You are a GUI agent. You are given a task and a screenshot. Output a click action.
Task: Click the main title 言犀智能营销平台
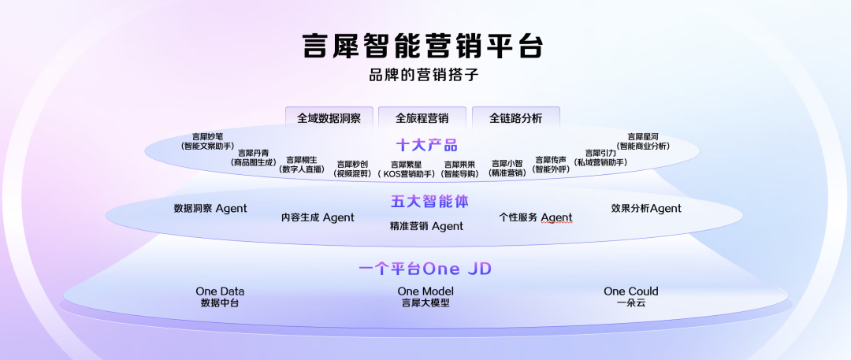coord(424,46)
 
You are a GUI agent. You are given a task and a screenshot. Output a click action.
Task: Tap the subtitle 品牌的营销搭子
coord(424,76)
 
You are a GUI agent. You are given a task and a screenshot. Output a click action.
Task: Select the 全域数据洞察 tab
coord(329,118)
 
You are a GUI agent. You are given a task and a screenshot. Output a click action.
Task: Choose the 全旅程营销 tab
coord(422,118)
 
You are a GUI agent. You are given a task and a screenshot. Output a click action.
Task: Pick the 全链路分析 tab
coord(515,118)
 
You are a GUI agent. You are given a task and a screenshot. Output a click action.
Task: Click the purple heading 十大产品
coord(426,145)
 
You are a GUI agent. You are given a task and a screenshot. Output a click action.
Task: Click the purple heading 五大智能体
coord(429,202)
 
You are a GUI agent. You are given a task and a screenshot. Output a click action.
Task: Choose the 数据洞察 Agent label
coord(210,209)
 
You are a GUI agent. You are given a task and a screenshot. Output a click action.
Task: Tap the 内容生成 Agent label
coord(318,217)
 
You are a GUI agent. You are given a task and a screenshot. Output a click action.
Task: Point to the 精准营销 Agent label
coord(426,226)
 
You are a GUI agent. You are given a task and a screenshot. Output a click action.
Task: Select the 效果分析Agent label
coord(646,209)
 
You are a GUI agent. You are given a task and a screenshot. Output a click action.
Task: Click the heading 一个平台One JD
coord(425,269)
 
